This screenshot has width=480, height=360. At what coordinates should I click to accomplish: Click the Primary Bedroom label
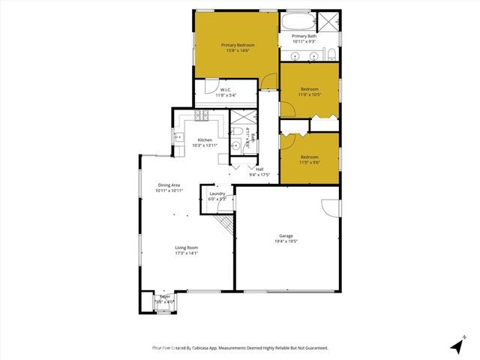pyautogui.click(x=238, y=46)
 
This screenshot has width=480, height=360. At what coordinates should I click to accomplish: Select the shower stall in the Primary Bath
pyautogui.click(x=328, y=21)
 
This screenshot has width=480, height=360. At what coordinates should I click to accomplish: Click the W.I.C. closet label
pyautogui.click(x=225, y=90)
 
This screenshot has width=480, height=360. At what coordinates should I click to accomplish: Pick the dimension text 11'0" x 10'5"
pyautogui.click(x=310, y=94)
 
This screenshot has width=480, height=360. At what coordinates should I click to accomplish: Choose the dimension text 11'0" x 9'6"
pyautogui.click(x=310, y=162)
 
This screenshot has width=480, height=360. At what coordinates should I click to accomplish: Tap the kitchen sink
pyautogui.click(x=178, y=137)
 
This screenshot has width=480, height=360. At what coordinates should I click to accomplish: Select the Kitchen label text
pyautogui.click(x=205, y=140)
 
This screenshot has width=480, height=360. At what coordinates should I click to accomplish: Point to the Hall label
pyautogui.click(x=259, y=169)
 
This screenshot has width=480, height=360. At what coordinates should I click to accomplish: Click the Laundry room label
pyautogui.click(x=217, y=194)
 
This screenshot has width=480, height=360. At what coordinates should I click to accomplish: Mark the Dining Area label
pyautogui.click(x=169, y=185)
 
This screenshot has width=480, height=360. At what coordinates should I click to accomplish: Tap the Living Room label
pyautogui.click(x=186, y=247)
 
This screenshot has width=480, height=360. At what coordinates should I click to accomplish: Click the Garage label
pyautogui.click(x=286, y=236)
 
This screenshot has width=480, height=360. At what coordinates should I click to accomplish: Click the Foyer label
pyautogui.click(x=164, y=296)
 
